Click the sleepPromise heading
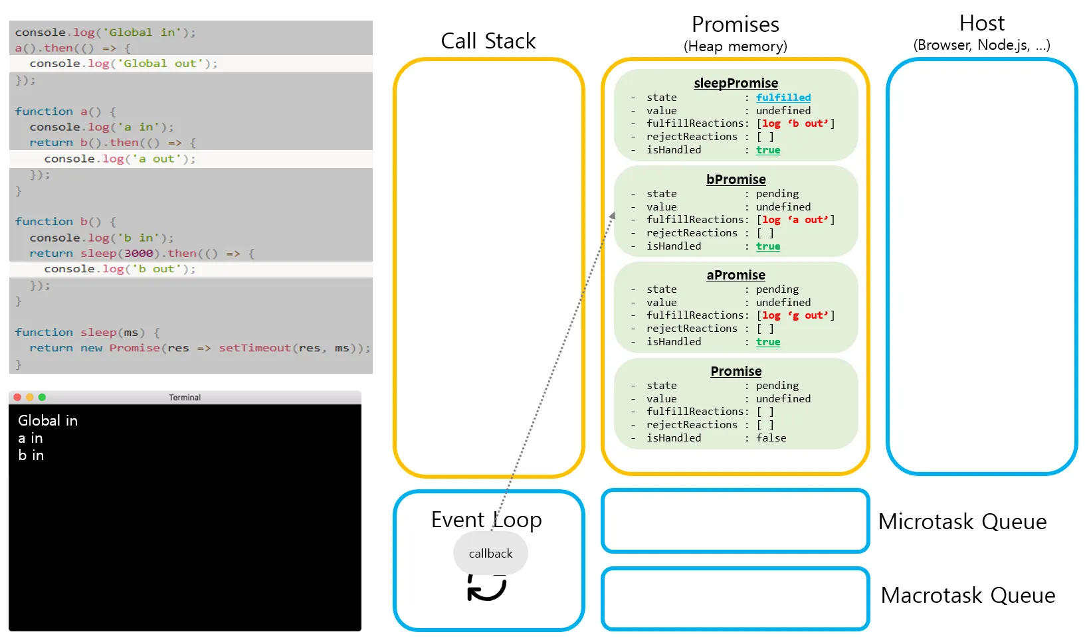pyautogui.click(x=736, y=83)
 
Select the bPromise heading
pyautogui.click(x=736, y=179)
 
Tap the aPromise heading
pyautogui.click(x=736, y=275)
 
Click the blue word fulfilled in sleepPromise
pyautogui.click(x=783, y=98)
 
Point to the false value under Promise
pyautogui.click(x=771, y=438)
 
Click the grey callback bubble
pyautogui.click(x=490, y=554)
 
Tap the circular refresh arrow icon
pyautogui.click(x=486, y=588)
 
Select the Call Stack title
pyautogui.click(x=488, y=41)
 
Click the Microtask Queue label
pyautogui.click(x=961, y=522)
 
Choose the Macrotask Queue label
pyautogui.click(x=967, y=596)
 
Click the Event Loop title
pyautogui.click(x=486, y=520)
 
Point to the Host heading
pyautogui.click(x=981, y=24)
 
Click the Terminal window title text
pyautogui.click(x=185, y=398)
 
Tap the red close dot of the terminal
pyautogui.click(x=17, y=397)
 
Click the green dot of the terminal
pyautogui.click(x=42, y=397)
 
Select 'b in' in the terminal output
pyautogui.click(x=31, y=455)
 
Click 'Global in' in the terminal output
pyautogui.click(x=48, y=421)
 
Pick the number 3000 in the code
pyautogui.click(x=138, y=254)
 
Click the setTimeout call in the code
pyautogui.click(x=254, y=348)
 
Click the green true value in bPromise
pyautogui.click(x=767, y=246)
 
